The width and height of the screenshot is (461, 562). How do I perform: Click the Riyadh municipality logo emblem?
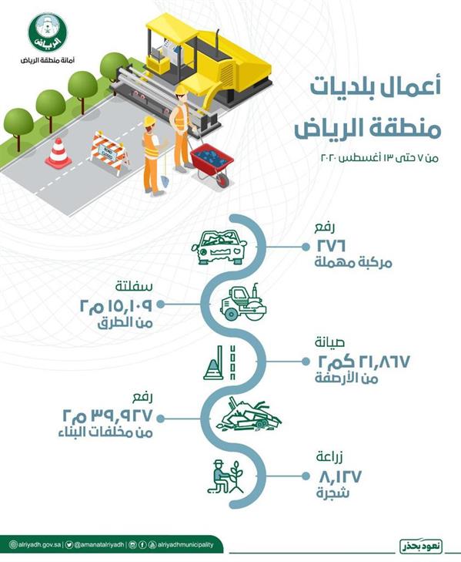(48, 31)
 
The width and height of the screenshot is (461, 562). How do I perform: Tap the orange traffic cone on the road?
(58, 153)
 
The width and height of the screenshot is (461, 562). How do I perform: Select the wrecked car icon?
(219, 247)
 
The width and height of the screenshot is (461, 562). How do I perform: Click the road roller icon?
(243, 304)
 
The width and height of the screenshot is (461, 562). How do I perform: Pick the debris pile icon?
(247, 415)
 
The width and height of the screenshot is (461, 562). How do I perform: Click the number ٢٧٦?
(332, 245)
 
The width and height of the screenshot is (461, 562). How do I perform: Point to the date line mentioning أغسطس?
(369, 157)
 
